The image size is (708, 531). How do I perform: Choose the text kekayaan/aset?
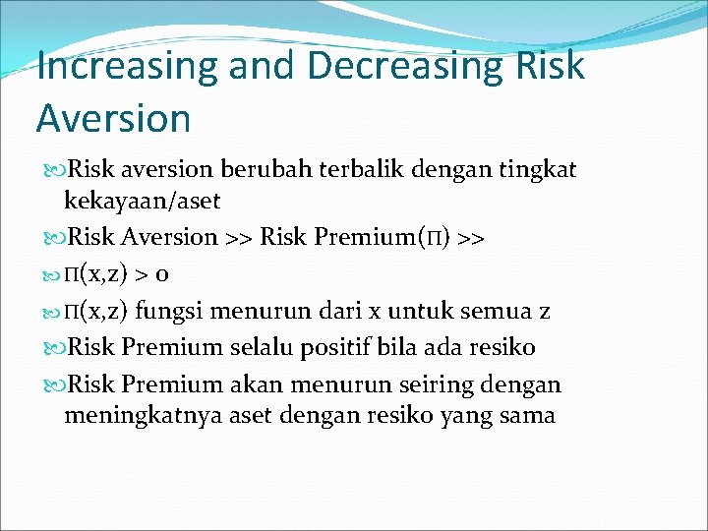click(x=143, y=202)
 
